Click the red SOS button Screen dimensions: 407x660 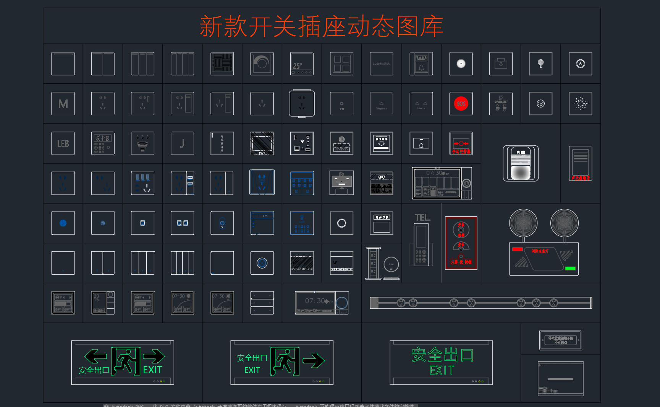[x=461, y=104]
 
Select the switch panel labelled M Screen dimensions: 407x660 [x=63, y=104]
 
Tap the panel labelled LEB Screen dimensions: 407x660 [x=63, y=143]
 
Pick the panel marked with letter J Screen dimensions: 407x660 [x=182, y=143]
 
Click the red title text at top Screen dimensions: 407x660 [x=321, y=26]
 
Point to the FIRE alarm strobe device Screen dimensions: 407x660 [x=521, y=163]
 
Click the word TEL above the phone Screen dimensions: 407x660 [x=422, y=218]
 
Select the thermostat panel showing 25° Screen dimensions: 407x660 [x=302, y=64]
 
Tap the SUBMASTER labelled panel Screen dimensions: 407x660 [x=381, y=64]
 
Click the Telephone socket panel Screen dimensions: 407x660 [x=381, y=104]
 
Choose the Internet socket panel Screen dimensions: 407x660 [x=421, y=104]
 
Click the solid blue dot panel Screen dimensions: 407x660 [x=63, y=223]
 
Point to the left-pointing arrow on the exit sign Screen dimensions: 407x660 [x=95, y=356]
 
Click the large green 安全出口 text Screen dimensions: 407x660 [x=442, y=355]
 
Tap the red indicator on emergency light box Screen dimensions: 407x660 [x=518, y=249]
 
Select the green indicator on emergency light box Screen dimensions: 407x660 [x=570, y=269]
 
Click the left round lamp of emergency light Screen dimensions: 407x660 [x=523, y=223]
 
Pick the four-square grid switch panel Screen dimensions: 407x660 [x=341, y=64]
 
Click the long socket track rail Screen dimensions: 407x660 [x=480, y=303]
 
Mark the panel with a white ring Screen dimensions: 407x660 [x=341, y=223]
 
